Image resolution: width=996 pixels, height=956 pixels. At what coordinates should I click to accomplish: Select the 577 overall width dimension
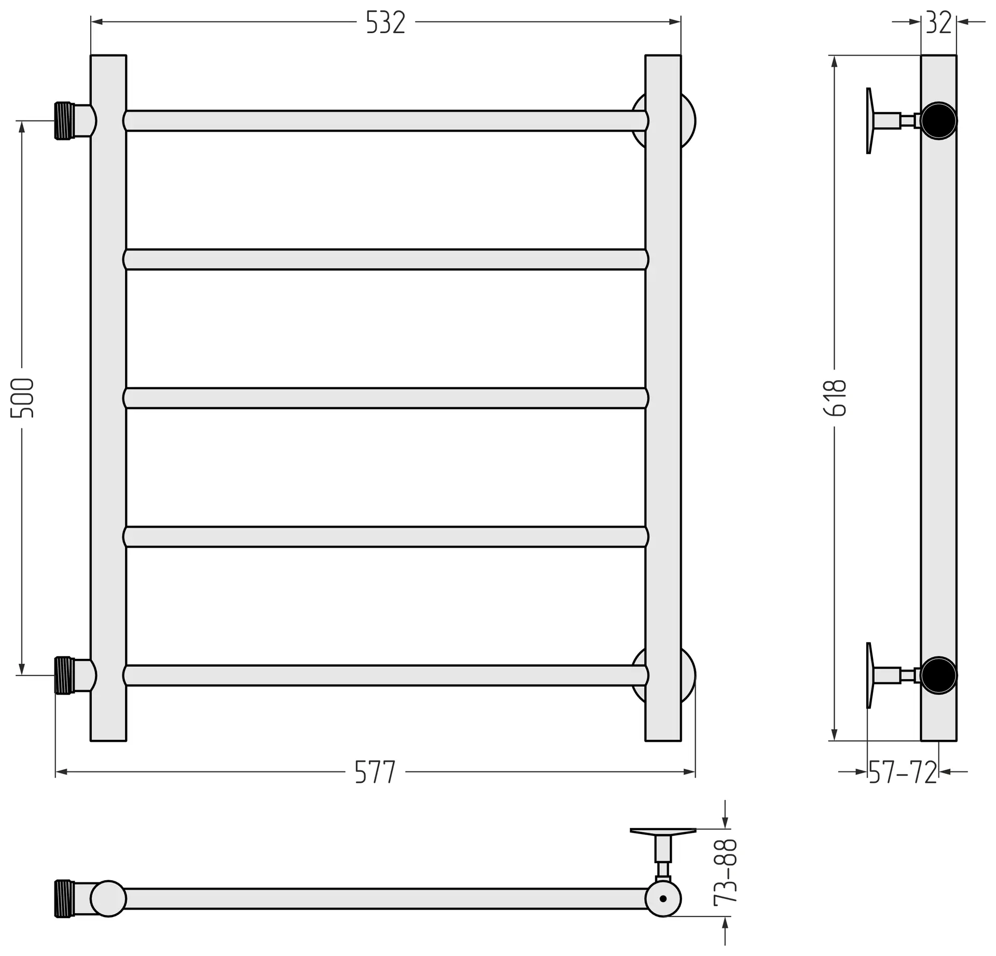click(375, 772)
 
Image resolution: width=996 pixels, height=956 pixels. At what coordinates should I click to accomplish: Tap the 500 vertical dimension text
click(22, 398)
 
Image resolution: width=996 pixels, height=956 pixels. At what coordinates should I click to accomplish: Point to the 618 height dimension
click(835, 398)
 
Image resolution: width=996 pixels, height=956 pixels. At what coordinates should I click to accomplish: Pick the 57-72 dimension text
click(903, 772)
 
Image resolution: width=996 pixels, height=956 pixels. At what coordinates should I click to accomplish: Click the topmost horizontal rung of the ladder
click(385, 121)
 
